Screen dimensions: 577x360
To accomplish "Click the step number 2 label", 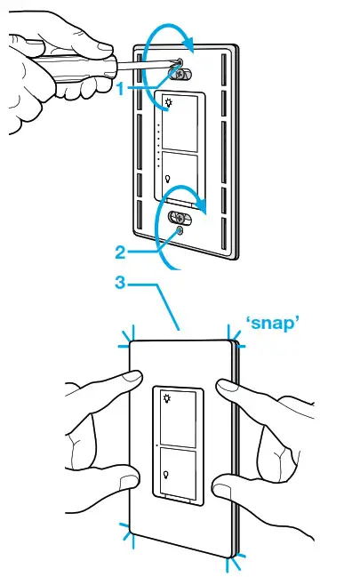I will [120, 252].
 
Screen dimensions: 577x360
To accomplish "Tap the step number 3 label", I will [120, 284].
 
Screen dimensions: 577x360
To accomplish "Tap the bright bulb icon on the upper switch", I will [165, 102].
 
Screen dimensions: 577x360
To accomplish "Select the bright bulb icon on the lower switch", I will [166, 398].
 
